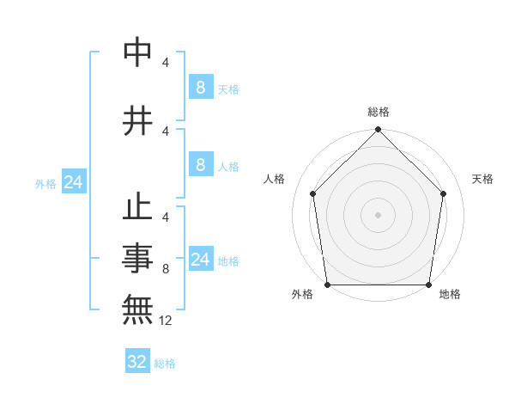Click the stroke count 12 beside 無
167,321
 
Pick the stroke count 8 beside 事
166,269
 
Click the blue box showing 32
137,362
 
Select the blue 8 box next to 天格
200,88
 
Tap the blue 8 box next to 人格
200,165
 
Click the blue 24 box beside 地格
200,260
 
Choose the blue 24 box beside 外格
73,182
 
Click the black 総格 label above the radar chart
379,112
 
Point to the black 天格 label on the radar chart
483,179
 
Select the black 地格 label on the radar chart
450,294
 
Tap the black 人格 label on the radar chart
275,179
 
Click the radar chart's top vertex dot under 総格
379,130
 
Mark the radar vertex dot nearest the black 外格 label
327,285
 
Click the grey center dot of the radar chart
379,214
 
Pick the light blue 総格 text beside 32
166,364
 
